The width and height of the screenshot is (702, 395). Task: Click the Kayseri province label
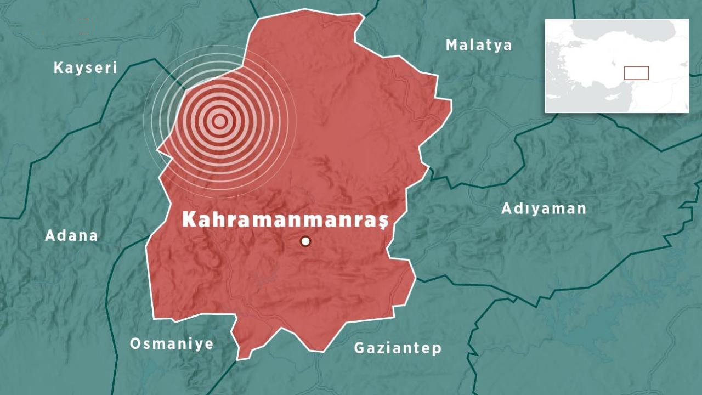coord(85,68)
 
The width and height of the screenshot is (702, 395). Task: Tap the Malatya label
coord(479,45)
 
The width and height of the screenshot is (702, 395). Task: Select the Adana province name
coord(71,235)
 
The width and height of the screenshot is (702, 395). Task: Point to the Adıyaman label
coord(544,208)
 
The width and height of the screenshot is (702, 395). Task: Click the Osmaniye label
coord(171,344)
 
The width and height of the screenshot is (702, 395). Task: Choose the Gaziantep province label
coord(398,348)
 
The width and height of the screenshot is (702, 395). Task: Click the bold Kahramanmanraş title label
coord(285,219)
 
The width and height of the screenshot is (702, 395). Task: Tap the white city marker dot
coord(305,241)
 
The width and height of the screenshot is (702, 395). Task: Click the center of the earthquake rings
coord(219,121)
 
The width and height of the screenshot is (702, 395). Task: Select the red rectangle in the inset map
coord(636,73)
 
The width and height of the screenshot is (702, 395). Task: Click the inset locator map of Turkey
coord(616,66)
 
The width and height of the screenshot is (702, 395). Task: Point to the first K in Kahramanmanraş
coord(189,219)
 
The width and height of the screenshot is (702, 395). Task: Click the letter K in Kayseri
coord(58,68)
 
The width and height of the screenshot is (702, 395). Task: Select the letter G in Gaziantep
coord(359,348)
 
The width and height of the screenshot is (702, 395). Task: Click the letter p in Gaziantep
coord(437,349)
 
